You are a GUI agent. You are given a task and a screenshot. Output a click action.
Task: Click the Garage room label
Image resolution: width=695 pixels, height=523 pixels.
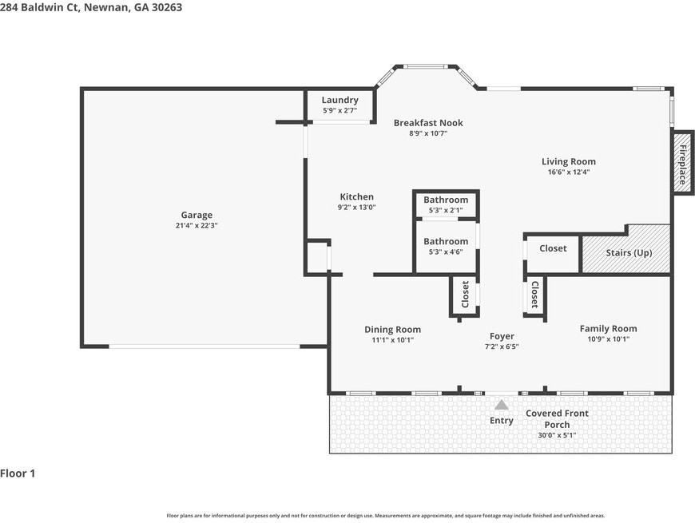pyautogui.click(x=197, y=215)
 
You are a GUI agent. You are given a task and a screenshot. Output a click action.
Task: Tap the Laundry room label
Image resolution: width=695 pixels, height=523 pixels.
pyautogui.click(x=340, y=100)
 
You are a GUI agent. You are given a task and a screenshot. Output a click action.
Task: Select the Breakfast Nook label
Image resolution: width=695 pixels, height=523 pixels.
pyautogui.click(x=428, y=123)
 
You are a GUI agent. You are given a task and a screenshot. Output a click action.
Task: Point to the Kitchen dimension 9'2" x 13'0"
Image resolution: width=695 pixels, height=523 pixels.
pyautogui.click(x=357, y=207)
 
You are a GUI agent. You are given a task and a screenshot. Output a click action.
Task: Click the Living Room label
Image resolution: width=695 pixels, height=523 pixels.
pyautogui.click(x=569, y=161)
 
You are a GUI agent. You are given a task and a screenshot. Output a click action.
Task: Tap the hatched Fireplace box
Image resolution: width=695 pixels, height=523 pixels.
pyautogui.click(x=682, y=163)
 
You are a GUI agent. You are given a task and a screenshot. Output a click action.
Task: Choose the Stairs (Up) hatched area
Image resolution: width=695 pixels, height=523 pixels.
pyautogui.click(x=625, y=250)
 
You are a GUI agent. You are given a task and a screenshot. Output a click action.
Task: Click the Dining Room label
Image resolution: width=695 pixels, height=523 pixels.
pyautogui.click(x=393, y=330)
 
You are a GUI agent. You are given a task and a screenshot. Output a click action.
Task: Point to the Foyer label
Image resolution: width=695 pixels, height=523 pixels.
pyautogui.click(x=502, y=336)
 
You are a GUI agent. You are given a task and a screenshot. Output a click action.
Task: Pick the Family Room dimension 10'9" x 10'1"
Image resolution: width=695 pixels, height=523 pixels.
pyautogui.click(x=609, y=339)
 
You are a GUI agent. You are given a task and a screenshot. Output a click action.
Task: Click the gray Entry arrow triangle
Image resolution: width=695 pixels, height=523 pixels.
pyautogui.click(x=502, y=405)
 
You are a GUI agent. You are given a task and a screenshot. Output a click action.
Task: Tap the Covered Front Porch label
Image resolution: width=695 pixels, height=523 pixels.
pyautogui.click(x=557, y=419)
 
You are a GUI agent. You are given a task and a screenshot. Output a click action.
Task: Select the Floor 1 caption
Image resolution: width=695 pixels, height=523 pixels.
pyautogui.click(x=18, y=473)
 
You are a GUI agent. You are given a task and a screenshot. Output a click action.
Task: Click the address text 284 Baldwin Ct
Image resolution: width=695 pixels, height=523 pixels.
pyautogui.click(x=39, y=7)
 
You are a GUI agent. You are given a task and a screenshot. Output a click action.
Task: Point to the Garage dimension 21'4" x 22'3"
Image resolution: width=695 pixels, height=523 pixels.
pyautogui.click(x=197, y=225)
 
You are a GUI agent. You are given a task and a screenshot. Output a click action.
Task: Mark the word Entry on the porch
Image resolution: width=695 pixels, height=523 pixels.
pyautogui.click(x=502, y=421)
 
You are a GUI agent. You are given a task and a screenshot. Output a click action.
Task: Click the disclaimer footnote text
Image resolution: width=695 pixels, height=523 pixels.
pyautogui.click(x=386, y=516)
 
